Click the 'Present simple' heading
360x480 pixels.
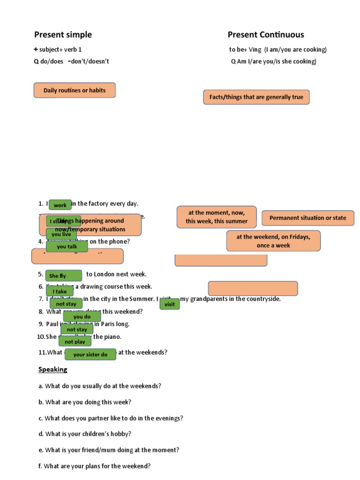[x=63, y=35]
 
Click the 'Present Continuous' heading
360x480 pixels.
[x=266, y=35]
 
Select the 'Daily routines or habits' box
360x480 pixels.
[x=75, y=90]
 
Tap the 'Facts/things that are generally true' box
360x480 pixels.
[x=256, y=97]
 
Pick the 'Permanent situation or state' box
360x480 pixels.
[x=308, y=218]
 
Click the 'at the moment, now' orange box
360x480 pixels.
[x=217, y=217]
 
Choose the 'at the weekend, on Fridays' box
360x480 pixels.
[x=273, y=241]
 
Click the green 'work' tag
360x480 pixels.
[x=60, y=205]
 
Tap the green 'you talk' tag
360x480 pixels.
[x=67, y=247]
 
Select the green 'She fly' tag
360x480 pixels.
[x=63, y=276]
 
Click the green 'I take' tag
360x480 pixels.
[x=60, y=292]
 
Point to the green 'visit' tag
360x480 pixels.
[x=170, y=304]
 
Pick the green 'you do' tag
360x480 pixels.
[x=82, y=316]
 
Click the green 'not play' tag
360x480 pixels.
[x=75, y=342]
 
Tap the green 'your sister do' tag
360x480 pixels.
[x=90, y=354]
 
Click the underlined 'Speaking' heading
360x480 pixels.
[x=53, y=369]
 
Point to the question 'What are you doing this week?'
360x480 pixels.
[x=85, y=402]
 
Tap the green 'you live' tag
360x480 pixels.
[x=61, y=234]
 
